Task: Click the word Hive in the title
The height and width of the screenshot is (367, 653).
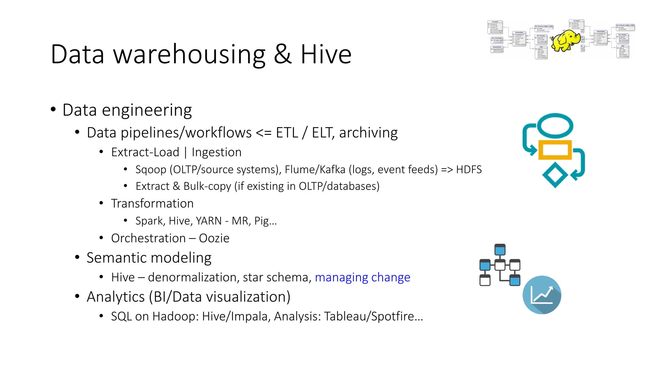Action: (x=326, y=54)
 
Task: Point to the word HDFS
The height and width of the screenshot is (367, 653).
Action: (x=468, y=169)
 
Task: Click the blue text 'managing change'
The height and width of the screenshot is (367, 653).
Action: (x=362, y=277)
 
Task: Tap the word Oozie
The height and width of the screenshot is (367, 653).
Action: (x=214, y=238)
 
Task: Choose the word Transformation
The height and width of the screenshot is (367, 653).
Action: (x=152, y=204)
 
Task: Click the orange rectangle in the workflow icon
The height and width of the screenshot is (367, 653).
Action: (x=555, y=150)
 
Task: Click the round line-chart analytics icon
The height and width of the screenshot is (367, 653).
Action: (x=542, y=295)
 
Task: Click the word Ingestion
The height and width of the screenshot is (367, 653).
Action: (x=216, y=152)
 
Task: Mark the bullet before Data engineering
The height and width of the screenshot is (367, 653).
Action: (x=53, y=110)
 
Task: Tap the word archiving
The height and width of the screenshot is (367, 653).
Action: (x=368, y=133)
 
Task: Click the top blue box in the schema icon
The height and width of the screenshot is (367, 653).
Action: (x=500, y=250)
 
